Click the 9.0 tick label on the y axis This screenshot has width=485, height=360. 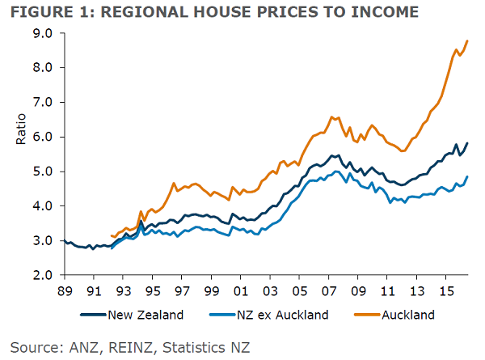tap(42, 34)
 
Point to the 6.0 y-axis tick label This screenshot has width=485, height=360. tap(42, 138)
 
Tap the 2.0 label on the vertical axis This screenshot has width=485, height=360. tap(42, 276)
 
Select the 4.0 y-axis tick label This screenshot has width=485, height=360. tap(42, 207)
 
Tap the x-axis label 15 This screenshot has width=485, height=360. tap(445, 289)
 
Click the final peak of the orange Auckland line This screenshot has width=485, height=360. tap(467, 41)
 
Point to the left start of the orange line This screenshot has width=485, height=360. tap(112, 235)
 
